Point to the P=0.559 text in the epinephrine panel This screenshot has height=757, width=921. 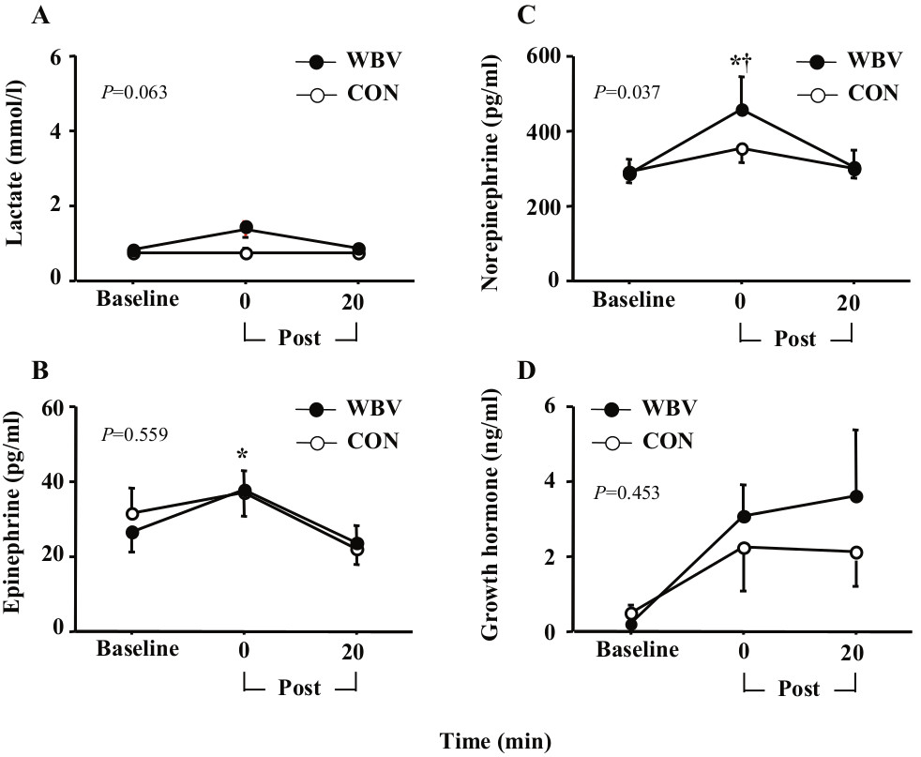pyautogui.click(x=133, y=435)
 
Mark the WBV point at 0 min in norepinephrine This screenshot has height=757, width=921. pyautogui.click(x=743, y=110)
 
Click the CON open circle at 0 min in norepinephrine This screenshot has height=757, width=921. pyautogui.click(x=743, y=148)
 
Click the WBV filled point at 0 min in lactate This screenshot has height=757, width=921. pyautogui.click(x=246, y=227)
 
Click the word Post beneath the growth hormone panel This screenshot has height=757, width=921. pyautogui.click(x=799, y=689)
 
